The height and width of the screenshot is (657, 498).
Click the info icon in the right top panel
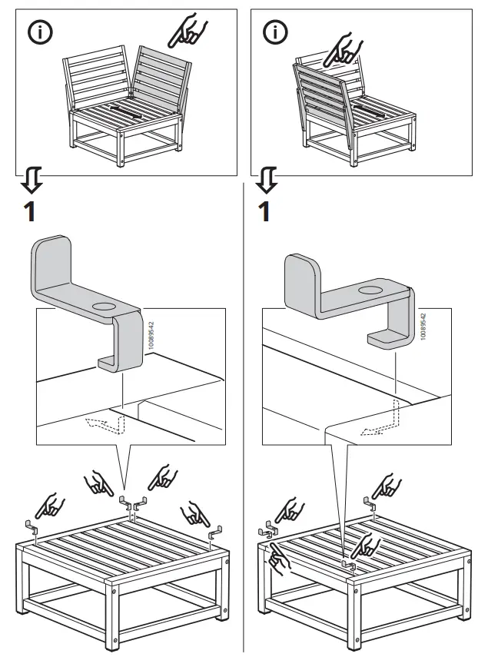tap(274, 32)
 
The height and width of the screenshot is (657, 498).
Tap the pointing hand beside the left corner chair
tap(188, 32)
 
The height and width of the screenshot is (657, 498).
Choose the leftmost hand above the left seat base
tap(51, 506)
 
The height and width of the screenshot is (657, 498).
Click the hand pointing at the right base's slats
tap(364, 544)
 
